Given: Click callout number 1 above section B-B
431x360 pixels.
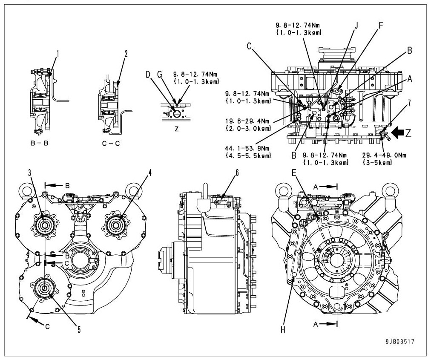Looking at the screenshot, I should pos(58,54).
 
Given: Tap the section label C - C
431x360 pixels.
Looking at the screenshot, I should pos(110,144).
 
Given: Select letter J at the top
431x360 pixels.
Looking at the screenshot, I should pos(356,24).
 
